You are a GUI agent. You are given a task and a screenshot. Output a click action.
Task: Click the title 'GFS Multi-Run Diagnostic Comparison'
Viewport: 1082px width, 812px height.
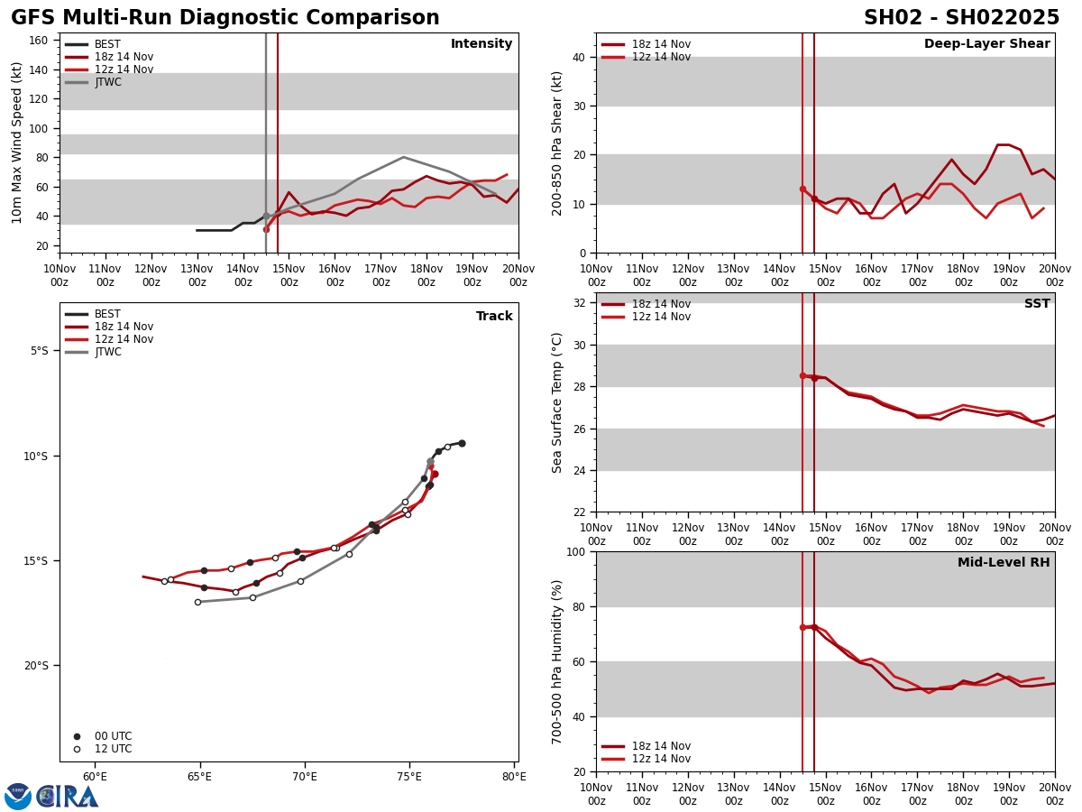click(x=225, y=18)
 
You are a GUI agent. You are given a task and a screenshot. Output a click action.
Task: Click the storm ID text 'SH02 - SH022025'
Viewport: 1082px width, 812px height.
click(x=961, y=18)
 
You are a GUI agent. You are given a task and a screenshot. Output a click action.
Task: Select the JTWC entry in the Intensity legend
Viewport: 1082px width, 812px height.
click(x=107, y=82)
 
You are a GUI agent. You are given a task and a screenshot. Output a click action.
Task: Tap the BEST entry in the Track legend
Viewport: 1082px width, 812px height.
click(x=107, y=314)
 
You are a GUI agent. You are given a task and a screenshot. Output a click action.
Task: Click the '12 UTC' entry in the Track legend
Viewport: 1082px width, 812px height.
click(x=113, y=749)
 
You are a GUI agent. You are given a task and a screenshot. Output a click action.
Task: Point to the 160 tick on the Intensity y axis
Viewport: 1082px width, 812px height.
click(x=39, y=41)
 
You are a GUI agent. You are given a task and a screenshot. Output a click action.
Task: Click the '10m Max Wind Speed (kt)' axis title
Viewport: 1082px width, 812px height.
click(x=17, y=143)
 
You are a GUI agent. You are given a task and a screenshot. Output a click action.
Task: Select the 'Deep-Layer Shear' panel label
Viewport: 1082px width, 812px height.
click(x=986, y=44)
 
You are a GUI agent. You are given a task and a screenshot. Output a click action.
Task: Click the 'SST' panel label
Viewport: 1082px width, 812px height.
click(x=1037, y=304)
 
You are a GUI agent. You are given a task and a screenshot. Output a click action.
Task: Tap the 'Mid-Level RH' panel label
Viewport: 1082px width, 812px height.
click(x=1004, y=563)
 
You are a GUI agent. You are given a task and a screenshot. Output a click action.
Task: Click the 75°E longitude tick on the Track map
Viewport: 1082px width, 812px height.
click(x=409, y=776)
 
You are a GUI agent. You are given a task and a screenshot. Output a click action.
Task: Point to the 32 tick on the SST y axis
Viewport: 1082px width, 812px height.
click(x=581, y=303)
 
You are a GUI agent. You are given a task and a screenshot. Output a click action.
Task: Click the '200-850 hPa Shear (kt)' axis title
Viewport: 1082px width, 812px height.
click(x=558, y=143)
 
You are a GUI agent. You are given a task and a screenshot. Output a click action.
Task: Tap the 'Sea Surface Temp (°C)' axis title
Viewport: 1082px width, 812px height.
click(x=558, y=402)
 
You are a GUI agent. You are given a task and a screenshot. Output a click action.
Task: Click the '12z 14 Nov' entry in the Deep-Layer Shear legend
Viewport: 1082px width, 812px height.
click(x=661, y=57)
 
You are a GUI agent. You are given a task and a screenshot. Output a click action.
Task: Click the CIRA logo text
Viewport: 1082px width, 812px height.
click(x=68, y=797)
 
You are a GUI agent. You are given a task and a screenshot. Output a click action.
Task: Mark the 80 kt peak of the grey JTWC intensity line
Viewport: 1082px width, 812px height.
click(x=403, y=157)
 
